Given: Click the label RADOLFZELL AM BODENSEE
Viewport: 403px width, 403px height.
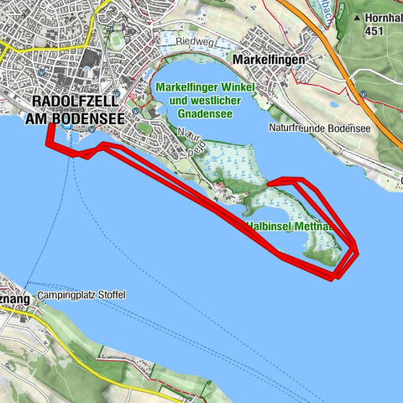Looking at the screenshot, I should [x=76, y=111].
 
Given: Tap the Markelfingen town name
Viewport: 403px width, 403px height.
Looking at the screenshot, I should [x=274, y=60].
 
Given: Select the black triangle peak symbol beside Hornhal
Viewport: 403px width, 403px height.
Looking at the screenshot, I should [x=357, y=18].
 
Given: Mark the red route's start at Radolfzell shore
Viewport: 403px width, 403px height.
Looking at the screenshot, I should [x=49, y=126].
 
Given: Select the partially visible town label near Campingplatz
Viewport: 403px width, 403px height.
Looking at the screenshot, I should [x=15, y=297].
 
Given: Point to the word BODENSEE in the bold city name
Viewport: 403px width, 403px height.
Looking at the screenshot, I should [x=89, y=119].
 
